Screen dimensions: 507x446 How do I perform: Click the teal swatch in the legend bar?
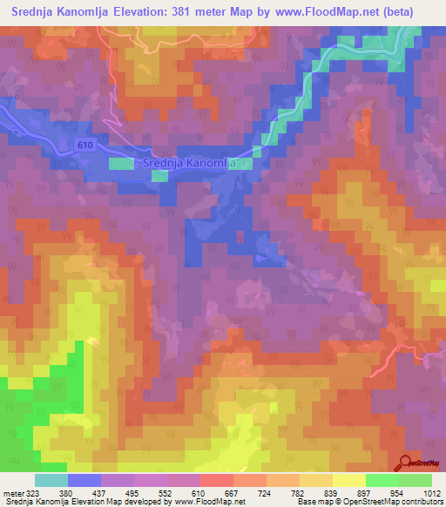(x=51, y=480)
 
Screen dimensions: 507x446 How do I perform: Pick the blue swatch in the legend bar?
(x=84, y=480)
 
